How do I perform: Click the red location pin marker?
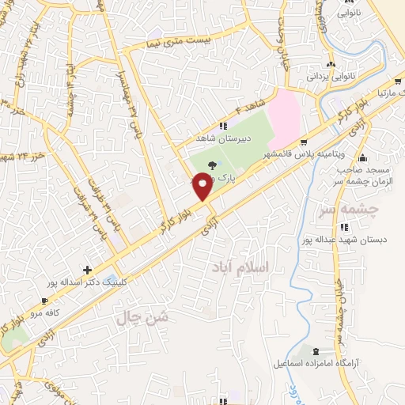pyautogui.click(x=203, y=187)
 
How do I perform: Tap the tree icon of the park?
pyautogui.click(x=211, y=166)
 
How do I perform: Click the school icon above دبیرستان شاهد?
pyautogui.click(x=223, y=125)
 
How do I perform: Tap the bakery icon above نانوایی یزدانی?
pyautogui.click(x=331, y=65)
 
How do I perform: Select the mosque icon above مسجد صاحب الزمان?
pyautogui.click(x=362, y=157)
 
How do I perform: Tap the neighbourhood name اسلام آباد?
pyautogui.click(x=241, y=268)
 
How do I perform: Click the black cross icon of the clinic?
pyautogui.click(x=87, y=269)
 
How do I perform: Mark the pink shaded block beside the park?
pyautogui.click(x=284, y=119)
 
